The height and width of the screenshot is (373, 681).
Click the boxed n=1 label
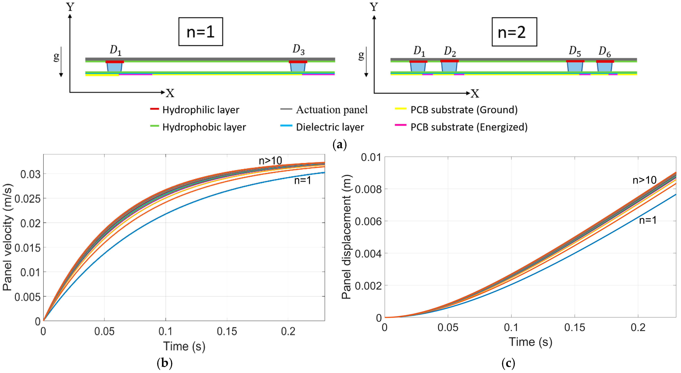click(x=200, y=32)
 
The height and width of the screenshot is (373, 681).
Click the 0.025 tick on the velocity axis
click(x=27, y=199)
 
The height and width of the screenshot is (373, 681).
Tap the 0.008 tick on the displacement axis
click(x=368, y=189)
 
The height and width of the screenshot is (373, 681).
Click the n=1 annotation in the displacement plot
click(x=648, y=220)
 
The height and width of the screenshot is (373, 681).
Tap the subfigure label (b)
click(x=164, y=363)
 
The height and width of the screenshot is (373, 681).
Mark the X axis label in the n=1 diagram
click(x=170, y=93)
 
